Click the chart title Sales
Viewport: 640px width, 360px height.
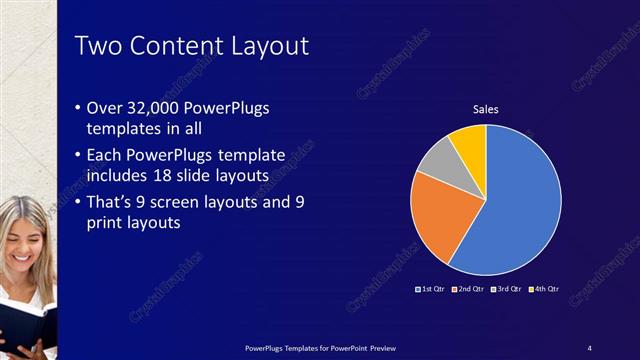485,109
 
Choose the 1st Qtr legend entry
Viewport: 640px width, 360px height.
430,289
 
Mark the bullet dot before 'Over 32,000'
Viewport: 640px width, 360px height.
80,108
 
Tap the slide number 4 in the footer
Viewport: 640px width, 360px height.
590,347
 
